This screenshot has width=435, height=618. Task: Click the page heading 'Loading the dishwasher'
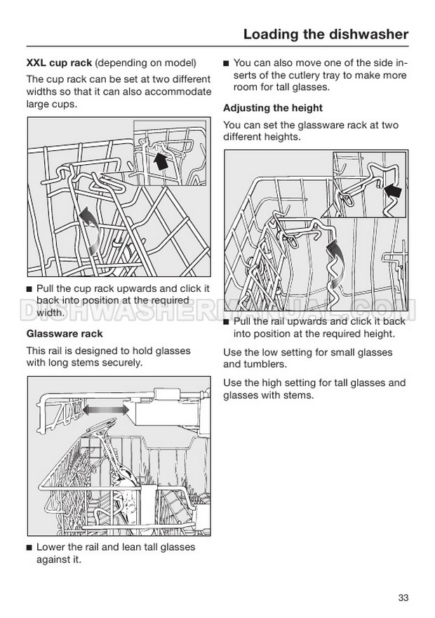(x=326, y=34)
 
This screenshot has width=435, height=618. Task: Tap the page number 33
(x=403, y=598)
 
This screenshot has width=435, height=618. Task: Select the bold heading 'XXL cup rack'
(x=59, y=62)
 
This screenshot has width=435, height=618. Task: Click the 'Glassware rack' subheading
(x=65, y=333)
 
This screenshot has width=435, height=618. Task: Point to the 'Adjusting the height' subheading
(x=273, y=108)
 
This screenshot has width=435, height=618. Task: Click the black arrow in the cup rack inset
(x=160, y=160)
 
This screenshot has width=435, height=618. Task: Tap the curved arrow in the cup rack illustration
(x=90, y=230)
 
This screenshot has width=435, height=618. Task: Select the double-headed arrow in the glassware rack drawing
(x=106, y=409)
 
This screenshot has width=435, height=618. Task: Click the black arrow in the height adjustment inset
(x=392, y=192)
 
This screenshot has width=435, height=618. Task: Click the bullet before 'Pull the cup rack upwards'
(x=29, y=289)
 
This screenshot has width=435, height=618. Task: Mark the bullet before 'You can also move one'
(x=226, y=63)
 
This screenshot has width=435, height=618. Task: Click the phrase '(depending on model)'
(x=146, y=63)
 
